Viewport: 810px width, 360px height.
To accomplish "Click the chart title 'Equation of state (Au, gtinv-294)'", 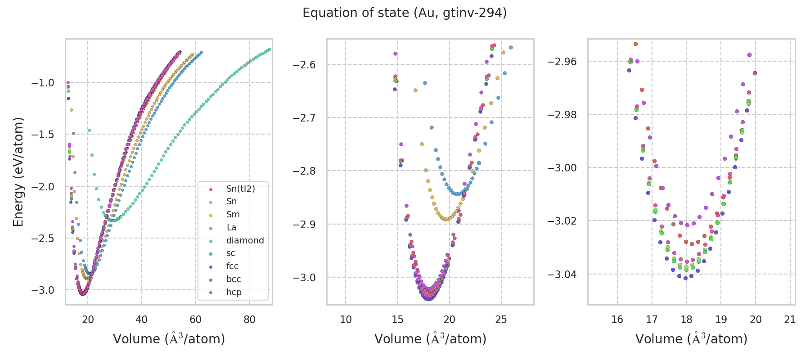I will tap(405, 13).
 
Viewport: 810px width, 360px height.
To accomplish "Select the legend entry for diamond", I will tap(245, 240).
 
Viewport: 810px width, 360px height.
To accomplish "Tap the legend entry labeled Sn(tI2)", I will tap(240, 189).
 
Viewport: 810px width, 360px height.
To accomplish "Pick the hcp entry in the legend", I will tap(234, 292).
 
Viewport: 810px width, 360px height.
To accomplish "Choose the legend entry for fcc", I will tap(232, 266).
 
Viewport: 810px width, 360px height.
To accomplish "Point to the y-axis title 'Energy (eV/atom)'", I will tap(18, 172).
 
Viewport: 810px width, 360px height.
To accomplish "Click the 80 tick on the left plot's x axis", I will tap(249, 320).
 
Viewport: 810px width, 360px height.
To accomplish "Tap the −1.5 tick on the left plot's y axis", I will tap(43, 135).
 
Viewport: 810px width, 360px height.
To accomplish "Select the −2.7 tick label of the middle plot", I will tap(304, 118).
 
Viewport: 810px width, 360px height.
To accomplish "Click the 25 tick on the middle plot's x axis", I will tap(501, 320).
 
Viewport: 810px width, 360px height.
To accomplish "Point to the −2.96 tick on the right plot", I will tap(562, 61).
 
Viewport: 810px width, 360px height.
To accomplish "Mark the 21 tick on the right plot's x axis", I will tap(790, 320).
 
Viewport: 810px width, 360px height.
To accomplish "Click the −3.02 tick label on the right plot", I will tap(562, 221).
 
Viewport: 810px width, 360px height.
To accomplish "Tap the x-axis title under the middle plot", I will tap(430, 339).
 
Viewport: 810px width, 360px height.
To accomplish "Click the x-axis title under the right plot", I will tap(691, 339).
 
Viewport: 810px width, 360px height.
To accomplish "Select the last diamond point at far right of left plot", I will tap(270, 49).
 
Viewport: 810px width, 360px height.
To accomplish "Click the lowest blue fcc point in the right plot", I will tap(686, 278).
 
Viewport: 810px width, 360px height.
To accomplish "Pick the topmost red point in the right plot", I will tap(636, 44).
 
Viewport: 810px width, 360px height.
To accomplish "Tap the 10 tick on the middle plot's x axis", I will tap(346, 320).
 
